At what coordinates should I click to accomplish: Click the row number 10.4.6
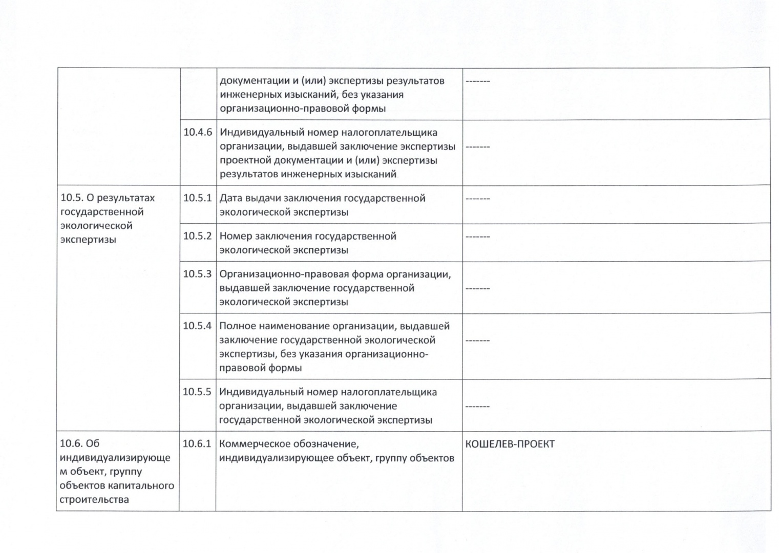198,132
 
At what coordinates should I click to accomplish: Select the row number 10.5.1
197,198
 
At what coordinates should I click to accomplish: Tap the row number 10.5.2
197,236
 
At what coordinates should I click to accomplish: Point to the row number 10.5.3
197,274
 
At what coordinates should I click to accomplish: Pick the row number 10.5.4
197,326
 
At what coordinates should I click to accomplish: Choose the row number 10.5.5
197,392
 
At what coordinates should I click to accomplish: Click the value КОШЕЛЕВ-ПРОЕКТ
510,444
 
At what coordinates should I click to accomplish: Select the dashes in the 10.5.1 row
477,199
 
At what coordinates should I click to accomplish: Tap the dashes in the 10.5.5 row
477,407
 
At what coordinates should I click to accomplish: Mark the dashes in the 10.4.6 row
477,147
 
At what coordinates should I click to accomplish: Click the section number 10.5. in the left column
71,198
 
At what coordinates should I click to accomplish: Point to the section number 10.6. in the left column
71,443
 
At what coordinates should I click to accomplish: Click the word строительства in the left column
94,499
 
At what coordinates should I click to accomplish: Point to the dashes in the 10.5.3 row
477,289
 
